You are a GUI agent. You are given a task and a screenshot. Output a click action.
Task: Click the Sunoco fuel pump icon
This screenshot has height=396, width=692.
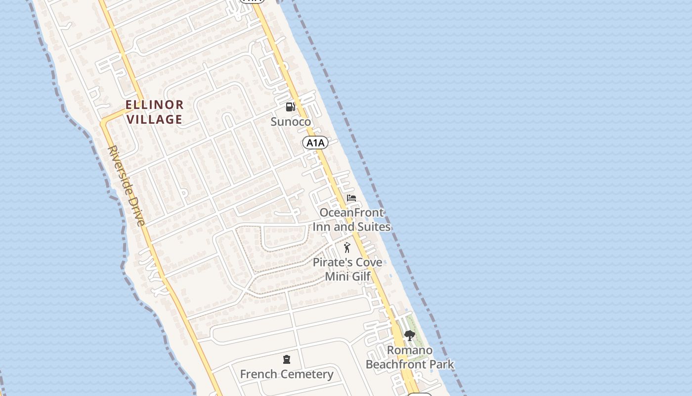click(290, 106)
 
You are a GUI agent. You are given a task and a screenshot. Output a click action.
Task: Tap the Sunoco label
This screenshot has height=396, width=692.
click(291, 122)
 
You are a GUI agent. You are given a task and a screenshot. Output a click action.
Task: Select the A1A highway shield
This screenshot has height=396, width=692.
click(315, 143)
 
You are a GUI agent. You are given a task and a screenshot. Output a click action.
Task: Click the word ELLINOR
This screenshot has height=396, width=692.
click(155, 104)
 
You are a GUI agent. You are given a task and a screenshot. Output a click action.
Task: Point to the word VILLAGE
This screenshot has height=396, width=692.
click(155, 119)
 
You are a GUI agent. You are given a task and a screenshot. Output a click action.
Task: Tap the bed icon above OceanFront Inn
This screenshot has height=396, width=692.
click(351, 198)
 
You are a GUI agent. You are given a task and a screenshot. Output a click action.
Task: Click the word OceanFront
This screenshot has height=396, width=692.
click(352, 213)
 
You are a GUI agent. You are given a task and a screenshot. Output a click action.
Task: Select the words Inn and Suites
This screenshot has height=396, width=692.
click(352, 227)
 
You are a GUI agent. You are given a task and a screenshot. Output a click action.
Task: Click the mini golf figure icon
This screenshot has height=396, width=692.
click(347, 247)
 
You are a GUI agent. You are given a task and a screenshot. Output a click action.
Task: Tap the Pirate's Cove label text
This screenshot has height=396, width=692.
click(347, 262)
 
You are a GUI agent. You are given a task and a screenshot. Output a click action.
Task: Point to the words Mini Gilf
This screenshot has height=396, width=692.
click(347, 276)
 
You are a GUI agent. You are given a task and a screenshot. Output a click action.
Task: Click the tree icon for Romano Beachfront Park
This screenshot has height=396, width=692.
click(409, 336)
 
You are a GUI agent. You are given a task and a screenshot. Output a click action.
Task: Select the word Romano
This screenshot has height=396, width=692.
click(410, 350)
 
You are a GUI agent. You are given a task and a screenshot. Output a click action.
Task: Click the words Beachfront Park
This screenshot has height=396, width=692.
click(410, 365)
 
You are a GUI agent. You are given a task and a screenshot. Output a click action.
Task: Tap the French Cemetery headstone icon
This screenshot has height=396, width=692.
click(287, 359)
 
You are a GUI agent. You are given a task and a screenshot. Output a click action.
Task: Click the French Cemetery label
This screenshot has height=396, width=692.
click(287, 374)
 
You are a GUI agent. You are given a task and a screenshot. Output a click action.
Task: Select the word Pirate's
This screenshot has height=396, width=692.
click(331, 262)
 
